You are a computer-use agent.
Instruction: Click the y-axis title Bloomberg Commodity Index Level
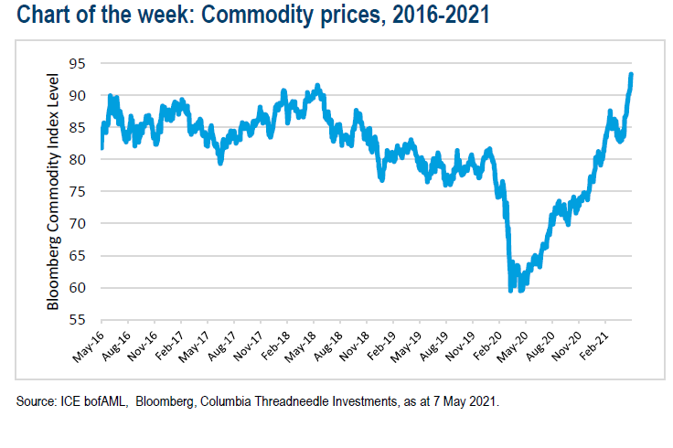(x=53, y=192)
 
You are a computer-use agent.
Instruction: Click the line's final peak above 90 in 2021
(x=632, y=75)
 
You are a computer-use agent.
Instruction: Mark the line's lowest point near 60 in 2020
(x=511, y=290)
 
